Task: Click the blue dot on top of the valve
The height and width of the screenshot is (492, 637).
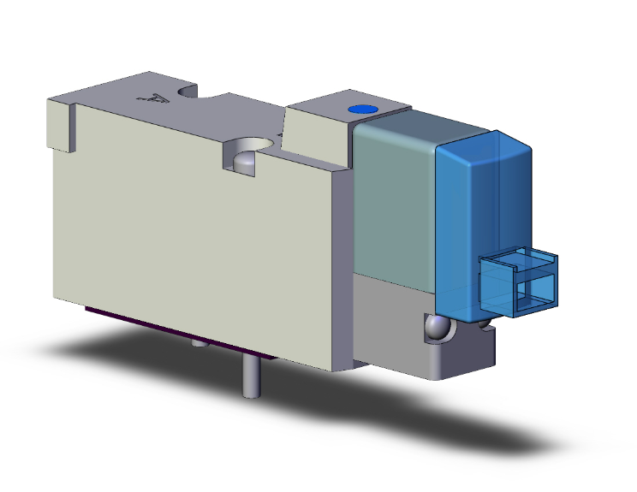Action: (360, 110)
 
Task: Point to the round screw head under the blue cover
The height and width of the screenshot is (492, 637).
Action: (438, 328)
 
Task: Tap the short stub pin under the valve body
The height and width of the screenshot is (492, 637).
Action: (199, 344)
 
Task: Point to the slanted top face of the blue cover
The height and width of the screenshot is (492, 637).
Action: (479, 145)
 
